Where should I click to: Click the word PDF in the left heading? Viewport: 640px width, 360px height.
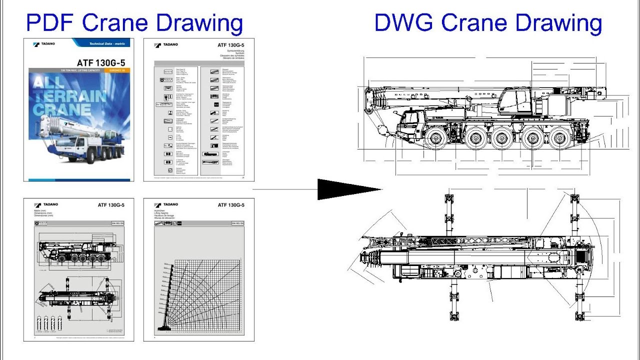(x=51, y=23)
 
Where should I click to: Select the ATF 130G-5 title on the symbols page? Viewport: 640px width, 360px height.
(x=230, y=45)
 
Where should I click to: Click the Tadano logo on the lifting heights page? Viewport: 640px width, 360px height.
(x=166, y=204)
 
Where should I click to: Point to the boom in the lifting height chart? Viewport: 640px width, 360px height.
(x=165, y=295)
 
